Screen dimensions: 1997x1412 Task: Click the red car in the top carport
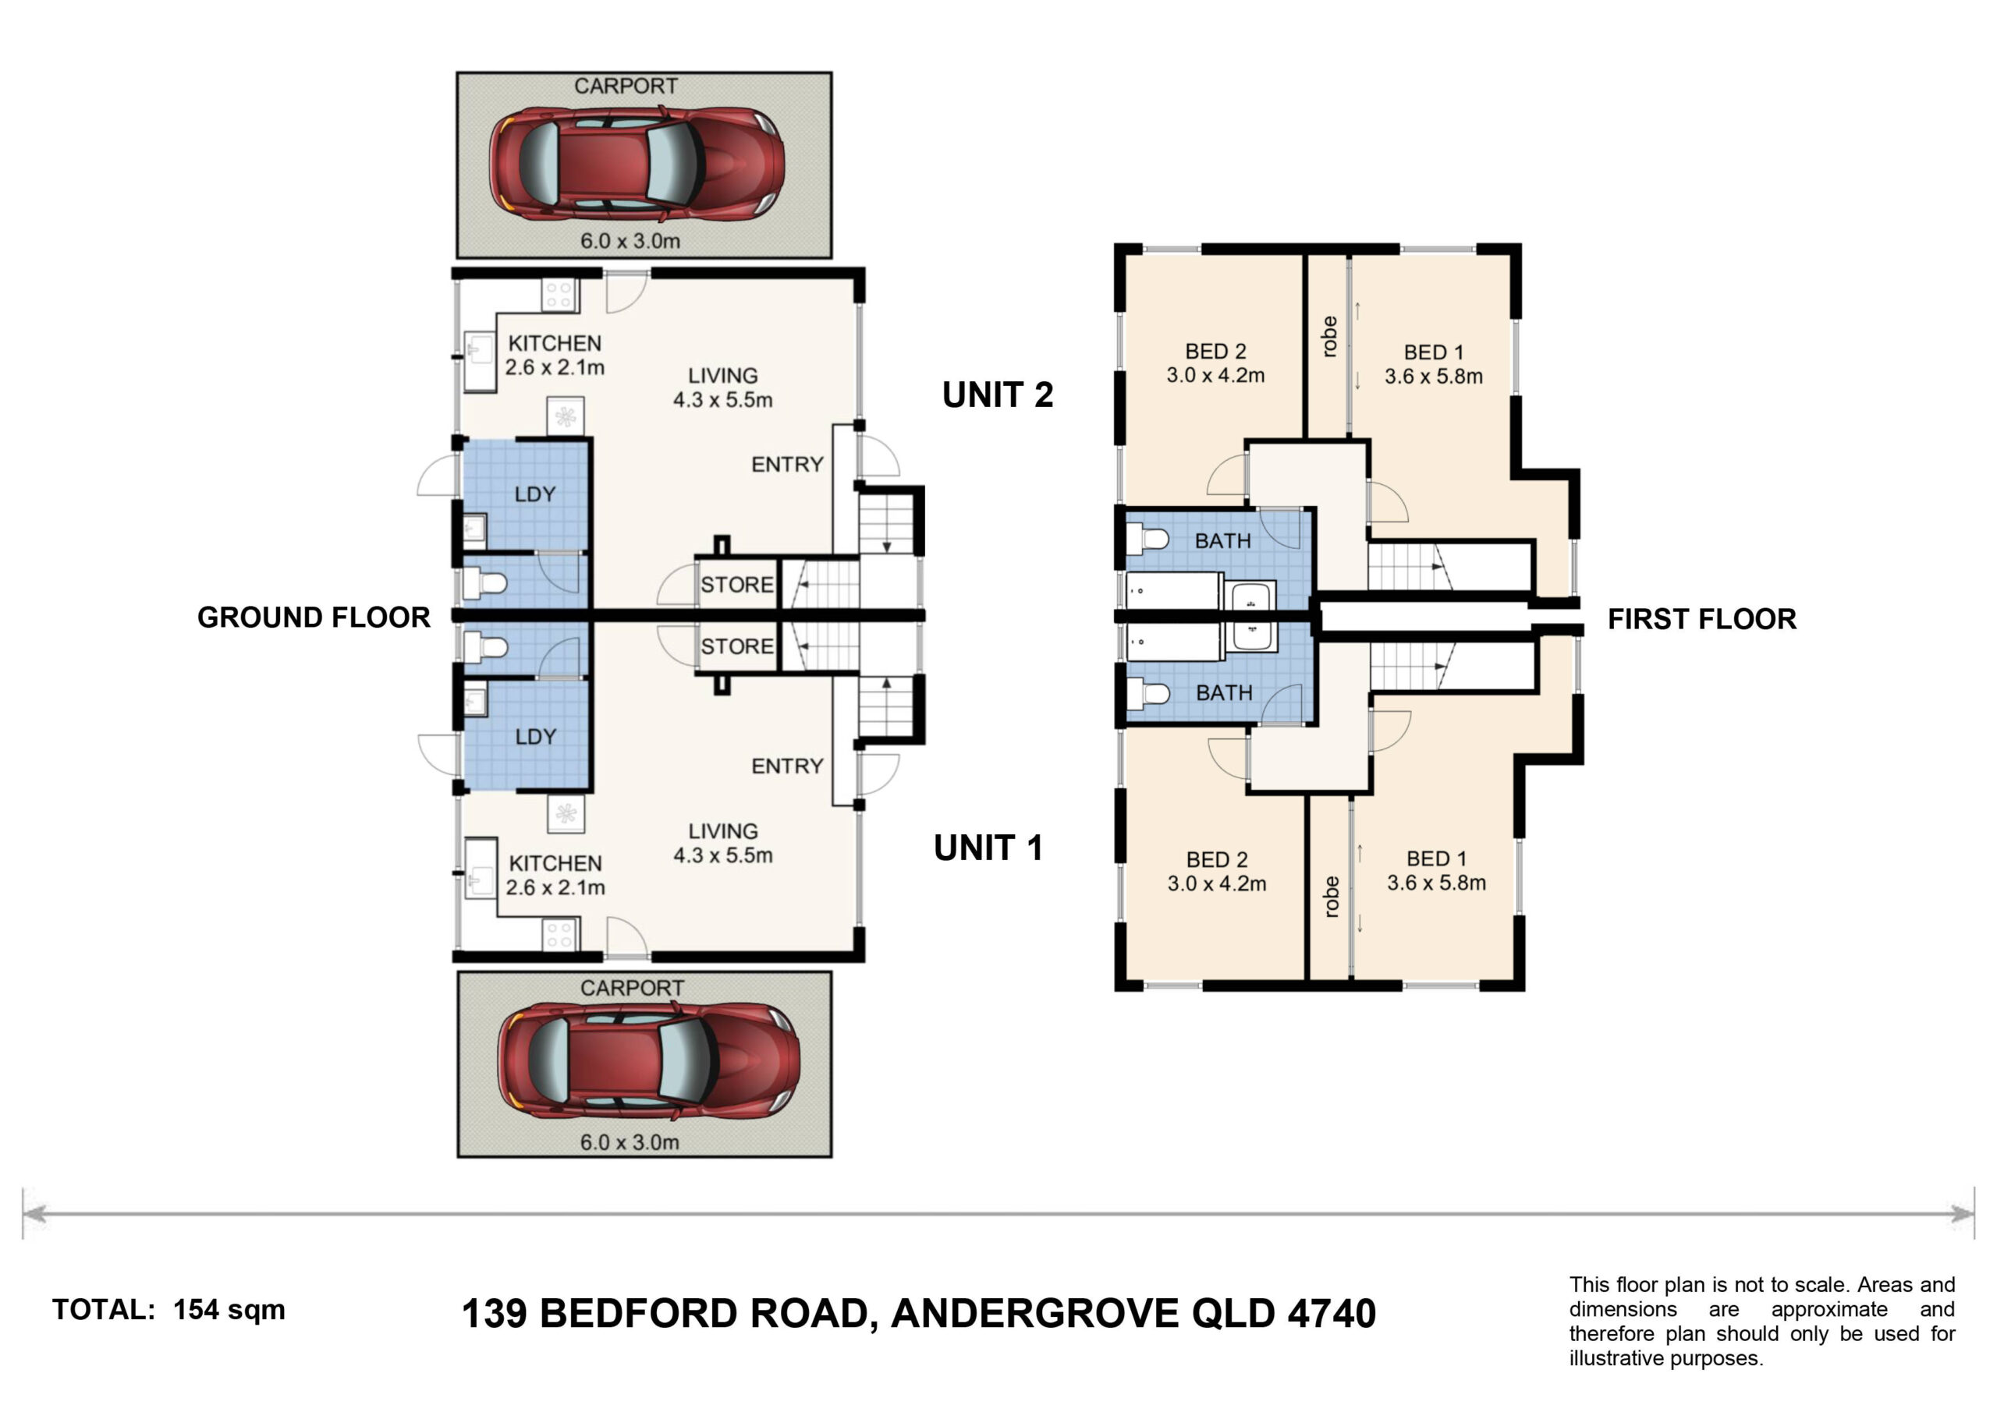[637, 163]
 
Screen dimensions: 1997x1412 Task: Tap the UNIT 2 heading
[998, 395]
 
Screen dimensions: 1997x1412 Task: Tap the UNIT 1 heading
[988, 848]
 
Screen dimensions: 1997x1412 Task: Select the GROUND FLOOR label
[314, 618]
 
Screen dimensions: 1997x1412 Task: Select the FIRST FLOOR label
[1701, 619]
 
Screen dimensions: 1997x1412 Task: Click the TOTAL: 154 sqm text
[168, 1309]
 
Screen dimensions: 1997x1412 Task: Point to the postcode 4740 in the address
[1332, 1314]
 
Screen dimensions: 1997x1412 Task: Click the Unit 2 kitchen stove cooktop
[559, 295]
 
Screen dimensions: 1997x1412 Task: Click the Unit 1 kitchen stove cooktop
[560, 936]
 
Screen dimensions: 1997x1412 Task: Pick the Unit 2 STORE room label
[736, 585]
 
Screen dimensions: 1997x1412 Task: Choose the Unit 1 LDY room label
[536, 737]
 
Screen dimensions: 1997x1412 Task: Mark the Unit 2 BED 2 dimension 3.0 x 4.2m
[1216, 376]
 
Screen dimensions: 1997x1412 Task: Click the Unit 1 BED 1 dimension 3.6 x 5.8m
[1436, 883]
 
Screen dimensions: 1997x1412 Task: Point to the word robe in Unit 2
[1328, 337]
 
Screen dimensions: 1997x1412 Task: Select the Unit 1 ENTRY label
[787, 766]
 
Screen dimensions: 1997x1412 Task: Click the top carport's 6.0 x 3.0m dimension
[630, 241]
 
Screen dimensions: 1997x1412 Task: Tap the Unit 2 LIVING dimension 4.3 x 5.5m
[723, 400]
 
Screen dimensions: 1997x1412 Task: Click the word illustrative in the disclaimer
[1616, 1358]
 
